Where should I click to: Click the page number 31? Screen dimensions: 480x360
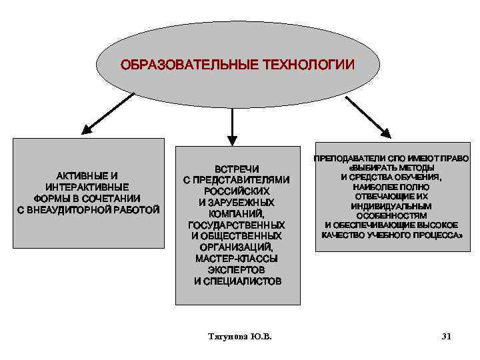tap(446, 337)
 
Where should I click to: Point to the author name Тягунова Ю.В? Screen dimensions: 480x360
tap(240, 337)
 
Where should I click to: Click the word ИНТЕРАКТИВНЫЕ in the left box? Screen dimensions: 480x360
tap(87, 187)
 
